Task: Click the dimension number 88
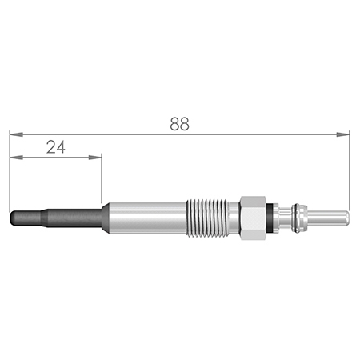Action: pos(180,124)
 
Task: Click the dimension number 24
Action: pos(56,147)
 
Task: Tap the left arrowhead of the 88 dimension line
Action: pos(16,134)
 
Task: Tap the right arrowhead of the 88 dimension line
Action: pos(343,134)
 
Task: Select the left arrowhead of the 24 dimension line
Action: pos(16,158)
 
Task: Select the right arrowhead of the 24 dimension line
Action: pos(95,158)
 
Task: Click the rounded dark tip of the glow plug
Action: pos(26,218)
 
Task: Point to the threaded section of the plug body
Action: pos(207,218)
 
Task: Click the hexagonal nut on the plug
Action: pos(253,218)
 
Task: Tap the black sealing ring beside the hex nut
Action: pos(270,218)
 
